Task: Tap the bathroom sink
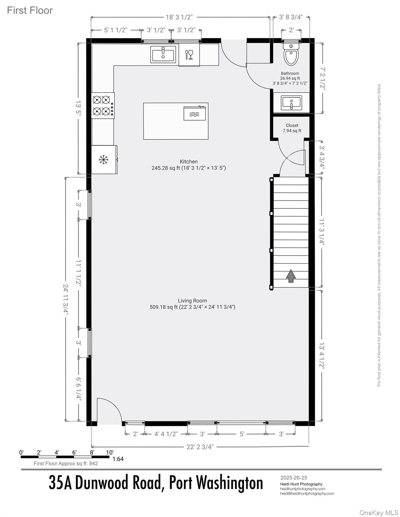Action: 291,102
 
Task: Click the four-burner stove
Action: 102,105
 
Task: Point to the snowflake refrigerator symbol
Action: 103,160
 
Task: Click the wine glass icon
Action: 189,55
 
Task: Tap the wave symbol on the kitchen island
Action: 194,114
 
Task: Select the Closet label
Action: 292,126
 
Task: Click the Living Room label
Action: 192,301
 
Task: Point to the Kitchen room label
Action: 189,162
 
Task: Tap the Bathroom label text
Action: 290,73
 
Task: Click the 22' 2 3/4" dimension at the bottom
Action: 200,447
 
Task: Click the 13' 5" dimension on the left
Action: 79,108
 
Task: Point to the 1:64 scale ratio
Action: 118,459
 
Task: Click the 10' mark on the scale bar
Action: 110,452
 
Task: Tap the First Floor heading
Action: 30,10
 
